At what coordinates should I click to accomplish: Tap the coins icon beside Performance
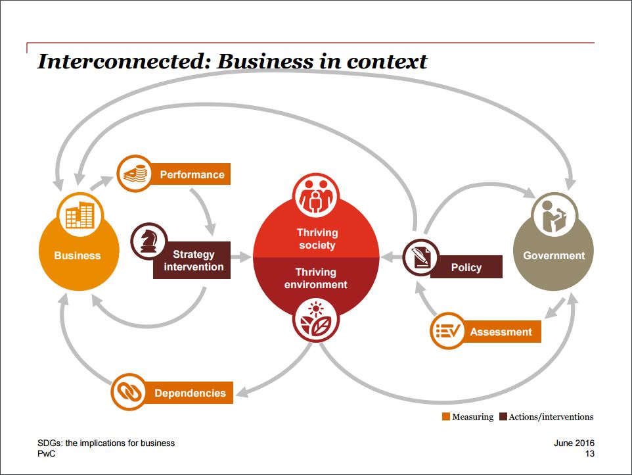(x=135, y=174)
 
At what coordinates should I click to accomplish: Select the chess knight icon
(x=148, y=241)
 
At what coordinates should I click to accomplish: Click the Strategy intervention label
(x=193, y=261)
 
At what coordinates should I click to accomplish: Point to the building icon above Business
(x=79, y=215)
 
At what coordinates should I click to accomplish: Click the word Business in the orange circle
(x=78, y=255)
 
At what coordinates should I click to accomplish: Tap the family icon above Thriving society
(x=316, y=197)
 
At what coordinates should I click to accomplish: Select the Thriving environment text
(x=315, y=278)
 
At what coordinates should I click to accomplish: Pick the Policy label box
(x=466, y=266)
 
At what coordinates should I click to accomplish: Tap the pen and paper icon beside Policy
(x=421, y=257)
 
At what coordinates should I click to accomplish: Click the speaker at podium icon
(x=554, y=215)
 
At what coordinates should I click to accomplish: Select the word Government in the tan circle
(x=554, y=255)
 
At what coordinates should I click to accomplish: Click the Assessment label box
(x=500, y=332)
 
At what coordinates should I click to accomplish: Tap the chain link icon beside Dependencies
(x=129, y=392)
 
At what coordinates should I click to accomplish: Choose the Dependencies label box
(x=189, y=393)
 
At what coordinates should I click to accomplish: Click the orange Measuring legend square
(x=446, y=416)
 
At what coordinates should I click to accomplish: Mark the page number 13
(x=590, y=453)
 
